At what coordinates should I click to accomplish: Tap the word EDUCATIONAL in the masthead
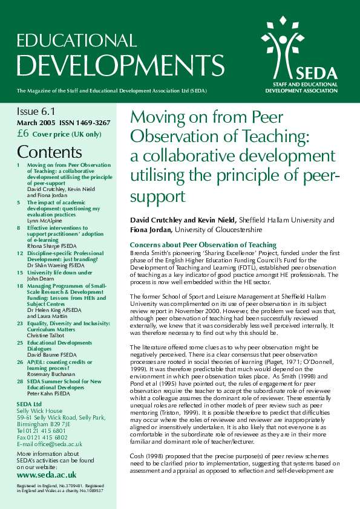[x=77, y=40]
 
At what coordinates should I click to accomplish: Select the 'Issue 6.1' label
[x=35, y=112]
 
